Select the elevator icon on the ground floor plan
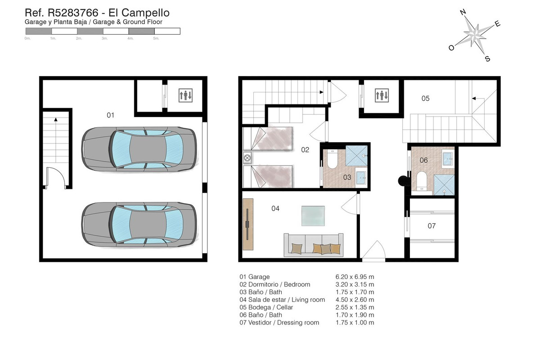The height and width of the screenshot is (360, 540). (x=382, y=95)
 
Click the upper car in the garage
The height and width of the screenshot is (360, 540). (x=139, y=149)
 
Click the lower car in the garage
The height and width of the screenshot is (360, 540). (x=139, y=224)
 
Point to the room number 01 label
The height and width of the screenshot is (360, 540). (x=110, y=115)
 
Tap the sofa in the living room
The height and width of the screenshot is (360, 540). (x=313, y=245)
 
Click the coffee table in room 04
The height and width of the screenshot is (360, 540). (x=313, y=215)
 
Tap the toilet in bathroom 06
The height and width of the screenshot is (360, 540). (x=422, y=180)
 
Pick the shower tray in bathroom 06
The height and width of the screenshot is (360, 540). (x=444, y=184)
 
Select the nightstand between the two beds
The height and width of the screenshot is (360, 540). (x=247, y=157)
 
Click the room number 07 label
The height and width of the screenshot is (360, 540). (x=432, y=226)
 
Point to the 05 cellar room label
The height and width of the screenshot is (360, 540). (x=425, y=98)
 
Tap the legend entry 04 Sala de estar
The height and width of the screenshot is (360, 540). (x=282, y=300)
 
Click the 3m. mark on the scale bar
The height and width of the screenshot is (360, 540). (x=104, y=39)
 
